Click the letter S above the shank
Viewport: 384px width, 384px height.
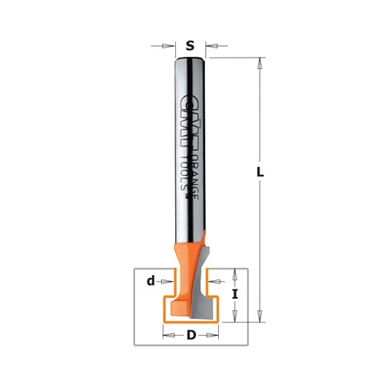coord(190,46)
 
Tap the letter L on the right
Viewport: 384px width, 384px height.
coord(260,174)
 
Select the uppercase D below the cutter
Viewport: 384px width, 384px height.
coord(190,335)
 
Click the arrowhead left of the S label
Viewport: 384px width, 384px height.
coord(171,46)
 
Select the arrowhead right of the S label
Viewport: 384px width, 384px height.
coord(209,46)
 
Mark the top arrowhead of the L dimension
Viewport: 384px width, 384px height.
coord(260,63)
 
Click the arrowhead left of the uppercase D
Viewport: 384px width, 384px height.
coord(167,335)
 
